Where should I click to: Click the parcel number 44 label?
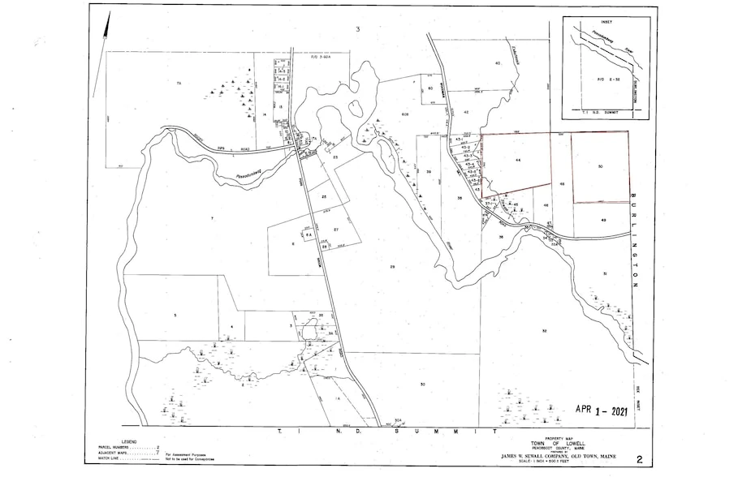[517, 162]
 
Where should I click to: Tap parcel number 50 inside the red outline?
[600, 166]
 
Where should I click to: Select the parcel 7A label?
[176, 84]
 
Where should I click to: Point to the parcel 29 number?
[392, 266]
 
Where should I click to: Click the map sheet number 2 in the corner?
[640, 459]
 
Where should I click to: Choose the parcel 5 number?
[174, 314]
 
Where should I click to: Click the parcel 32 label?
[544, 331]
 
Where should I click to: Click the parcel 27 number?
[334, 230]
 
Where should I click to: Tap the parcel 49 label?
[604, 220]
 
